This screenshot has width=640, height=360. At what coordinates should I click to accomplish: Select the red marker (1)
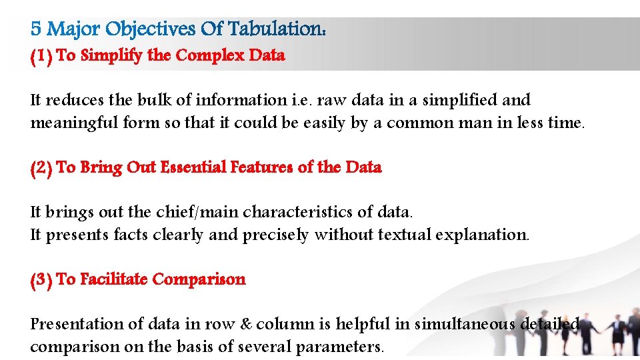click(41, 56)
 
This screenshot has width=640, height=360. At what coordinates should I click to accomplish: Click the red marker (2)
click(41, 167)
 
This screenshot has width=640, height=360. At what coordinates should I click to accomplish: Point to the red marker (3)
click(41, 279)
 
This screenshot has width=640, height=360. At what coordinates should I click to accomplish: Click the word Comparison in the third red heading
click(199, 279)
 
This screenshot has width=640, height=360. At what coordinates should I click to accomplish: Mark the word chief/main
click(197, 212)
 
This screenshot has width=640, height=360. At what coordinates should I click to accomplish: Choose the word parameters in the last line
click(339, 347)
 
